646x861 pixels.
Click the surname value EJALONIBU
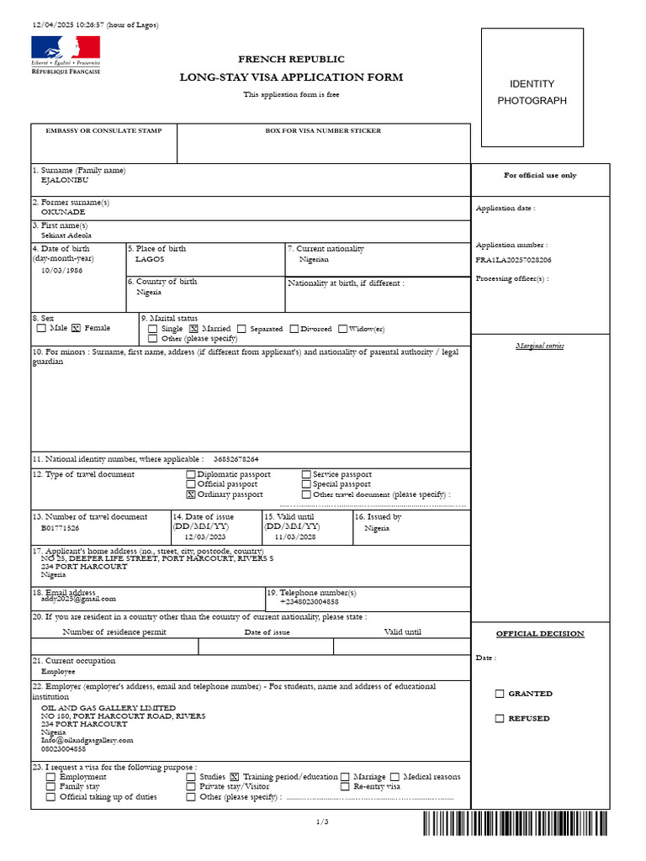pyautogui.click(x=65, y=180)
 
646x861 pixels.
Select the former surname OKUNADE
pyautogui.click(x=63, y=212)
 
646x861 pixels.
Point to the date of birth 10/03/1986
pyautogui.click(x=62, y=271)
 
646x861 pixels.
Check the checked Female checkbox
pyautogui.click(x=76, y=329)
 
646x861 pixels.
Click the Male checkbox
pyautogui.click(x=41, y=329)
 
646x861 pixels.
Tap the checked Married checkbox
pyautogui.click(x=193, y=329)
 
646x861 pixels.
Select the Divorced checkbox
pyautogui.click(x=294, y=329)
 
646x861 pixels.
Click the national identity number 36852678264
pyautogui.click(x=236, y=459)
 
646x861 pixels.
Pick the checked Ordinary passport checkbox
pyautogui.click(x=191, y=494)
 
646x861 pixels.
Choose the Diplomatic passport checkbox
pyautogui.click(x=191, y=475)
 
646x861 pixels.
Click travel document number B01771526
pyautogui.click(x=61, y=528)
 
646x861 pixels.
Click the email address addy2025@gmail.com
pyautogui.click(x=78, y=598)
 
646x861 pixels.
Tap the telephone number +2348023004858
pyautogui.click(x=309, y=601)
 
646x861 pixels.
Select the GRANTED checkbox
pyautogui.click(x=500, y=694)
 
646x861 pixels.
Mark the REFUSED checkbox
pyautogui.click(x=500, y=718)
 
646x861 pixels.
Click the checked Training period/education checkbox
pyautogui.click(x=235, y=777)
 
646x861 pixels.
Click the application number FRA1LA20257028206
pyautogui.click(x=513, y=261)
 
